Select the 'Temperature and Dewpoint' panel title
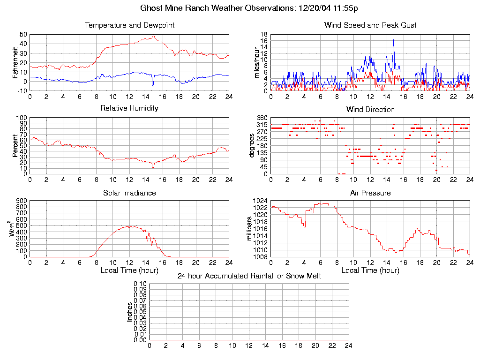[x=129, y=25]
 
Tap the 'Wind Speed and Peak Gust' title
[x=370, y=25]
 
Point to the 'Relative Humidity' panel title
[x=129, y=108]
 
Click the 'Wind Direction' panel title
[x=370, y=110]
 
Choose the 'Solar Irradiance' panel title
[x=129, y=193]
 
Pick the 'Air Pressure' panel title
[x=370, y=193]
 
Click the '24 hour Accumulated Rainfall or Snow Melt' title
[x=249, y=276]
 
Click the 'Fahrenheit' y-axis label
[x=15, y=62]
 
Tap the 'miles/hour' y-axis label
[x=256, y=63]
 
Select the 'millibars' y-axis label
[x=250, y=229]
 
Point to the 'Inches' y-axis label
[x=129, y=312]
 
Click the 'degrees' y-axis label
[x=252, y=146]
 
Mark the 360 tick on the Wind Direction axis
[x=262, y=118]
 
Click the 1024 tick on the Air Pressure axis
[x=260, y=201]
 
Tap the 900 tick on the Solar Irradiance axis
[x=21, y=201]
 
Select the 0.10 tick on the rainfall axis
[x=140, y=284]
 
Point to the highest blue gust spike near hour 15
[x=394, y=38]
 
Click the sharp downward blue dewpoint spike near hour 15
[x=153, y=86]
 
